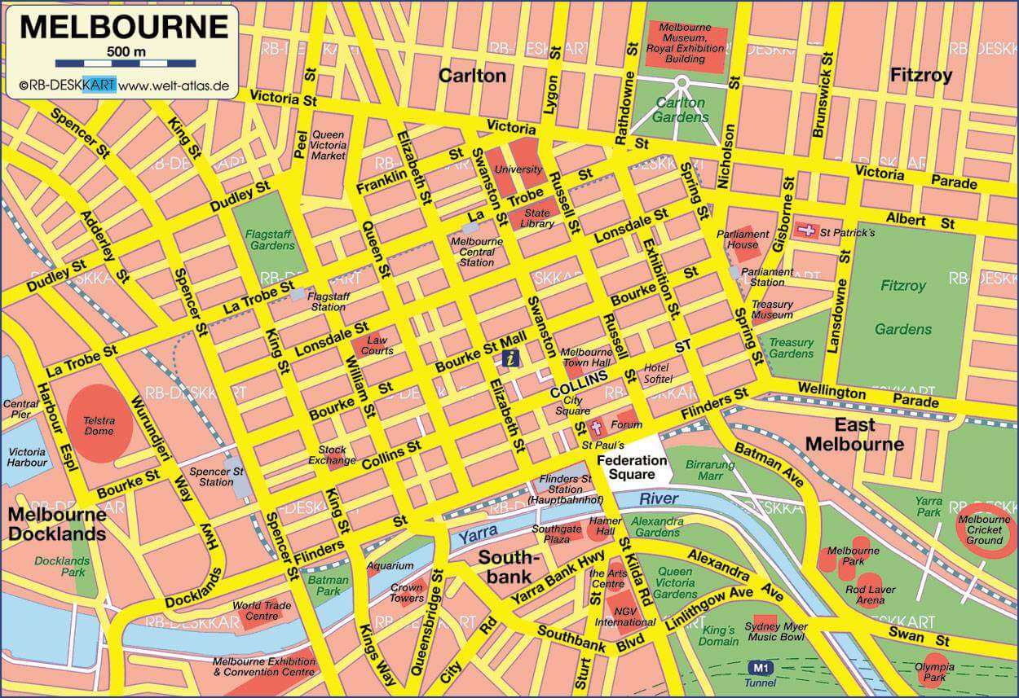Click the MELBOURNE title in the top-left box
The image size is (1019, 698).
tap(124, 26)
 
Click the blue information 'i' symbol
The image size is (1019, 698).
tap(510, 358)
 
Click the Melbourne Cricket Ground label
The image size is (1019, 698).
tap(985, 530)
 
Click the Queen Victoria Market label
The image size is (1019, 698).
tap(329, 145)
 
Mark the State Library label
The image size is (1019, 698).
tap(538, 218)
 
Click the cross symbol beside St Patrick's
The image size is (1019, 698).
tap(806, 231)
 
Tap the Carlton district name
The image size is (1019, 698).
tap(472, 76)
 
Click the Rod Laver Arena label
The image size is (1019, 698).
tap(870, 595)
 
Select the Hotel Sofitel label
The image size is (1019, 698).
tap(658, 373)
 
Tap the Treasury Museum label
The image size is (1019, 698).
tap(772, 309)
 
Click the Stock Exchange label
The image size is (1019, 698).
tap(332, 454)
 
